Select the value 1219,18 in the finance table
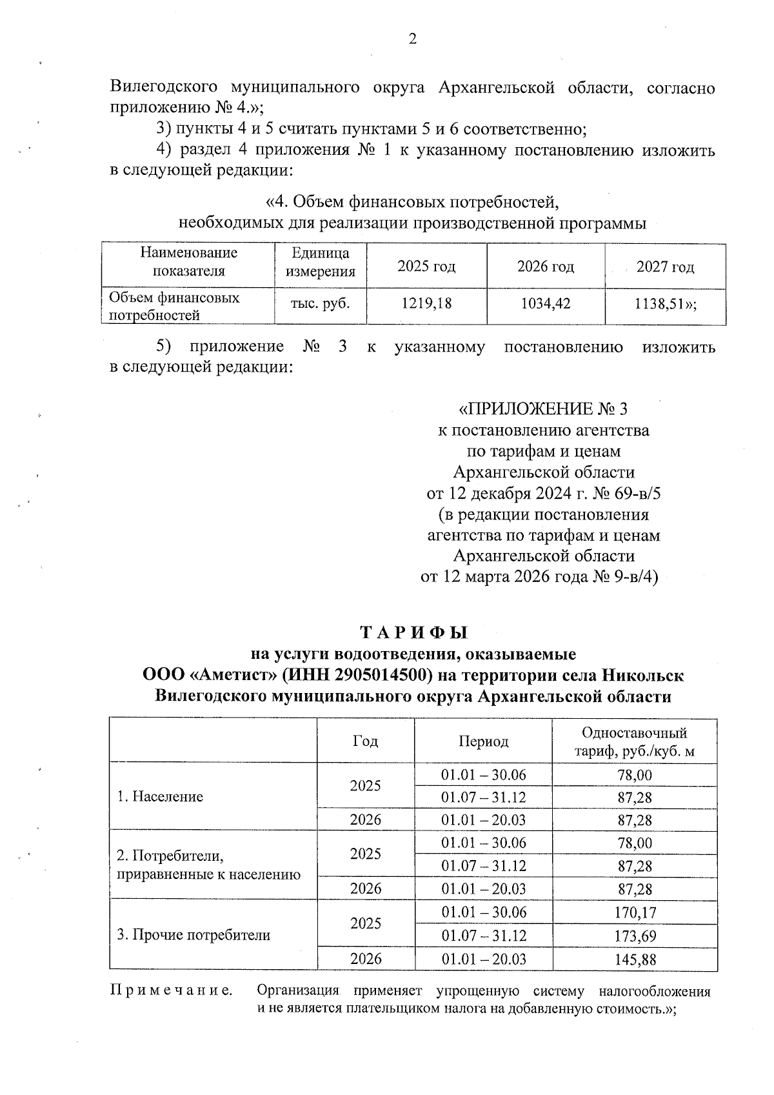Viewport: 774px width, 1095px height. (426, 303)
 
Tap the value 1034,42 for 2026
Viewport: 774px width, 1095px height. (546, 303)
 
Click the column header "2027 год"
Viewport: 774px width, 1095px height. (665, 267)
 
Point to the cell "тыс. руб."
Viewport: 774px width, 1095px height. (321, 303)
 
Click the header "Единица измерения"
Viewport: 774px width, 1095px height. (321, 262)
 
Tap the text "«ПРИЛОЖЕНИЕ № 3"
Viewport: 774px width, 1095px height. (542, 409)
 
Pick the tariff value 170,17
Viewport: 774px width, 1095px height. (635, 912)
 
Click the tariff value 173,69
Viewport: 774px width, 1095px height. (635, 936)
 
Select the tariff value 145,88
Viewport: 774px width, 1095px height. (635, 959)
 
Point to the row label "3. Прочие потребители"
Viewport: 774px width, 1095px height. (193, 935)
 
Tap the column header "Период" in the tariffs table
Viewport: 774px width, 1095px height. (483, 741)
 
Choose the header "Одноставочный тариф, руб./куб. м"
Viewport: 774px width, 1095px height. (635, 742)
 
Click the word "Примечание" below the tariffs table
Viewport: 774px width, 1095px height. (172, 990)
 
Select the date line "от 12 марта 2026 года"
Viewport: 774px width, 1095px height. (504, 577)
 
